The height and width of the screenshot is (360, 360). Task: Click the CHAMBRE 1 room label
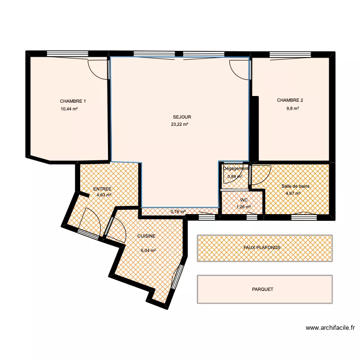(x=73, y=101)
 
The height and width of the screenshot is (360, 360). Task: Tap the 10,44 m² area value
(x=69, y=109)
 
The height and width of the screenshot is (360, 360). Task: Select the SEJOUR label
(x=182, y=117)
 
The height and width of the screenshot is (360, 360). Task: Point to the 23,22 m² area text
(x=180, y=124)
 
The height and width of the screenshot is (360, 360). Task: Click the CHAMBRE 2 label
(x=290, y=100)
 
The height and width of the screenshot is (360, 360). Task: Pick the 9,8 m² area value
(x=292, y=108)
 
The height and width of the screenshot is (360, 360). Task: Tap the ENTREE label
(x=102, y=189)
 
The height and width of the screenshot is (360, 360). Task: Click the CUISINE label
(x=146, y=236)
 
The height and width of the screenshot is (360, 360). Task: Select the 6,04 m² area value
(x=148, y=251)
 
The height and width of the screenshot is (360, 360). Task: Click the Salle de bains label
(x=296, y=186)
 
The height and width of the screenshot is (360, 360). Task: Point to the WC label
(x=243, y=200)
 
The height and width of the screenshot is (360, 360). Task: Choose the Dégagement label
(x=236, y=168)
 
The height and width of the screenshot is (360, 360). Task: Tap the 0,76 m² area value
(x=178, y=212)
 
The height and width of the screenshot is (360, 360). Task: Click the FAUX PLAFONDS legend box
(x=264, y=248)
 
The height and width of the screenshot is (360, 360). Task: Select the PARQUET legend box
(x=264, y=289)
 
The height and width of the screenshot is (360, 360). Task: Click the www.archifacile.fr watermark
(x=330, y=328)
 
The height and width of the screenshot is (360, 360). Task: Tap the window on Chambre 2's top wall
(x=290, y=54)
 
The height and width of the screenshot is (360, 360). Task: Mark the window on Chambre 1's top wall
(x=68, y=54)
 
